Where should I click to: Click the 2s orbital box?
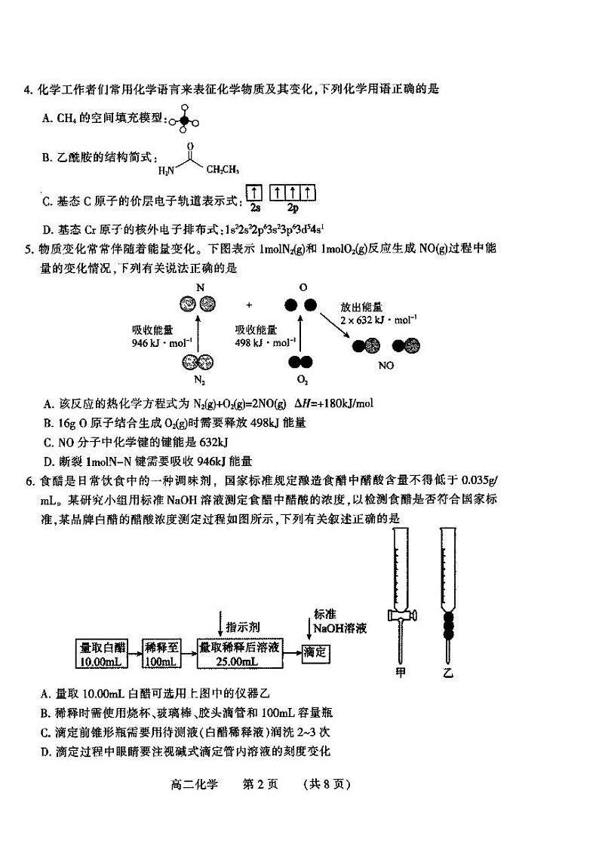click(254, 193)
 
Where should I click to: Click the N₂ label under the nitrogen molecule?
click(199, 379)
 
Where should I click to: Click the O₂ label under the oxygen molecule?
click(303, 379)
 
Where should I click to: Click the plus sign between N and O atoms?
click(250, 305)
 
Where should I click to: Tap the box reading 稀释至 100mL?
click(161, 654)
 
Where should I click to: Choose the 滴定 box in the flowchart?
click(315, 653)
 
